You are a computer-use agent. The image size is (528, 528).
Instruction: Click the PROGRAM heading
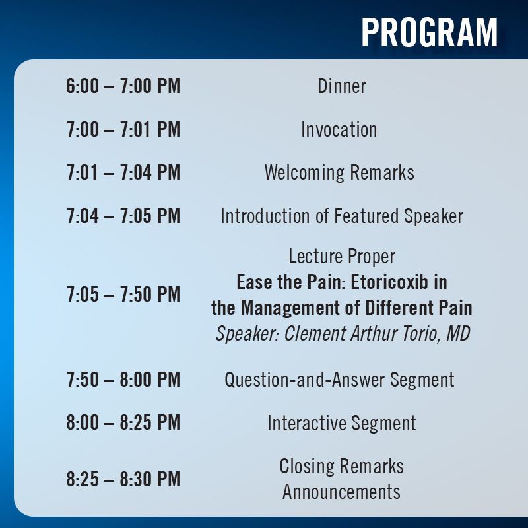point(430,32)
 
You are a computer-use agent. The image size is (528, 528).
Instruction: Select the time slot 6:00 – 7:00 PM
point(123,86)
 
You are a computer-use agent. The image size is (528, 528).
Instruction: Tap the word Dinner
point(342,86)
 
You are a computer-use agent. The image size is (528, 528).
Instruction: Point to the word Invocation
point(339,129)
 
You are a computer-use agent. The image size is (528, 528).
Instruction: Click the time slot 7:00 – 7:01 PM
point(123,129)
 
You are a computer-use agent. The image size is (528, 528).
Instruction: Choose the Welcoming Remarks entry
point(339,172)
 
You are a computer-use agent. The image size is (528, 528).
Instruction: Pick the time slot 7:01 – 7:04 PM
point(123,172)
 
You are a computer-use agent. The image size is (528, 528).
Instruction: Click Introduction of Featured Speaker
point(342,216)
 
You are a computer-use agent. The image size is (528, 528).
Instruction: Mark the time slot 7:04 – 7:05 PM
point(123,216)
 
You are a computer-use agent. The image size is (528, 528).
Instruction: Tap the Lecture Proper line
point(342,257)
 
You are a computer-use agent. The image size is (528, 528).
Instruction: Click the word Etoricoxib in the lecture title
point(389,282)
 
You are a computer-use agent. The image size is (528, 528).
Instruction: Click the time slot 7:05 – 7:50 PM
point(123,294)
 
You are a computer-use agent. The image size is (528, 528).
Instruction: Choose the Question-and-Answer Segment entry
point(339,380)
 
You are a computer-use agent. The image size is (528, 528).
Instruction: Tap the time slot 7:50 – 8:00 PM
point(123,380)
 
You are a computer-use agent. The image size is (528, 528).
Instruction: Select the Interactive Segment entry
point(342,423)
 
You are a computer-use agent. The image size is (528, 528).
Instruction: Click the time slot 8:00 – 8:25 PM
point(123,422)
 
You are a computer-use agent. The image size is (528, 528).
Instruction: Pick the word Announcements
point(341,492)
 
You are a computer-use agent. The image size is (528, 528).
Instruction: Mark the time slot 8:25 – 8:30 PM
point(123,479)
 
